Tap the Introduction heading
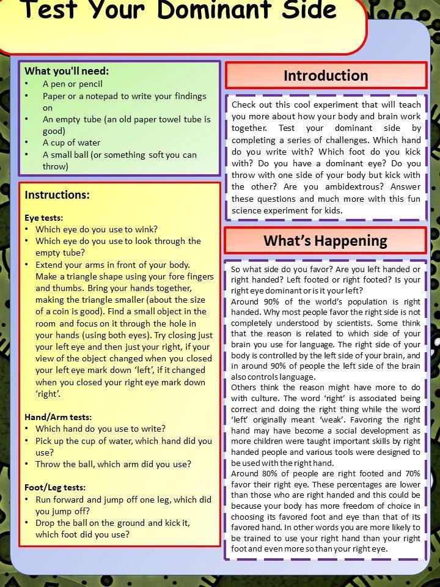(x=326, y=76)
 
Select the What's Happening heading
(x=325, y=240)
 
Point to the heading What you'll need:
(x=67, y=71)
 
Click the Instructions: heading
(x=57, y=195)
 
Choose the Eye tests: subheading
(x=43, y=217)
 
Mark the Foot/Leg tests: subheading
(x=55, y=487)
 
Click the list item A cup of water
(x=71, y=142)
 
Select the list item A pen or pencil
(x=73, y=84)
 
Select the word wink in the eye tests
(x=146, y=229)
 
